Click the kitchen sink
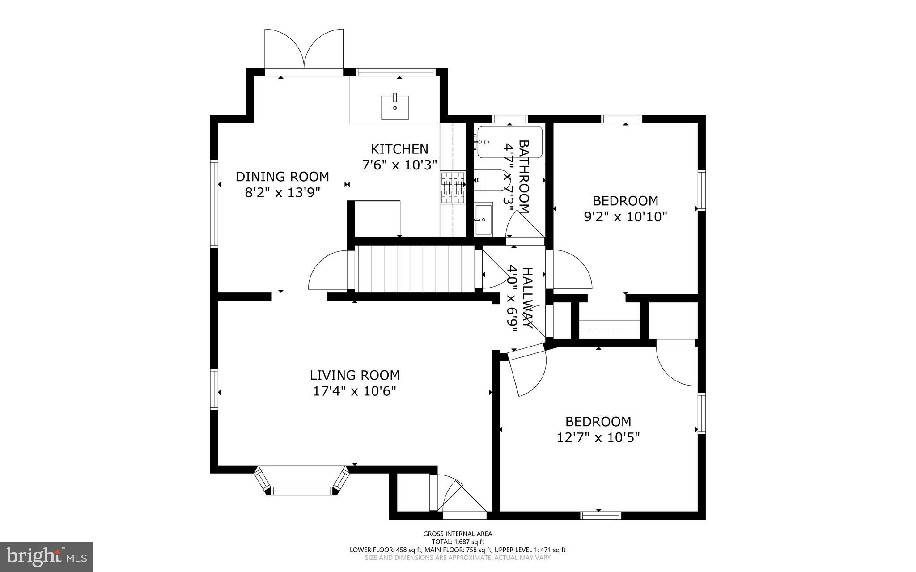[x=395, y=107]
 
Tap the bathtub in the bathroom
[x=510, y=142]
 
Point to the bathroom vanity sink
[x=483, y=219]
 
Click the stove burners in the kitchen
[x=454, y=188]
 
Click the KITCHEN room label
[x=399, y=149]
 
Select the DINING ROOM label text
[x=282, y=177]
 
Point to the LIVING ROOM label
[x=355, y=375]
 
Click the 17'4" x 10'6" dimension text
[x=355, y=391]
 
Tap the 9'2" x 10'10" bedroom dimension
[x=625, y=217]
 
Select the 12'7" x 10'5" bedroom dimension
[x=598, y=437]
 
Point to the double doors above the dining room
[x=304, y=49]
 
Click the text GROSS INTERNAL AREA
[x=458, y=534]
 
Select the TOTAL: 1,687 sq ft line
[x=458, y=542]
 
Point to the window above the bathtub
[x=510, y=119]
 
